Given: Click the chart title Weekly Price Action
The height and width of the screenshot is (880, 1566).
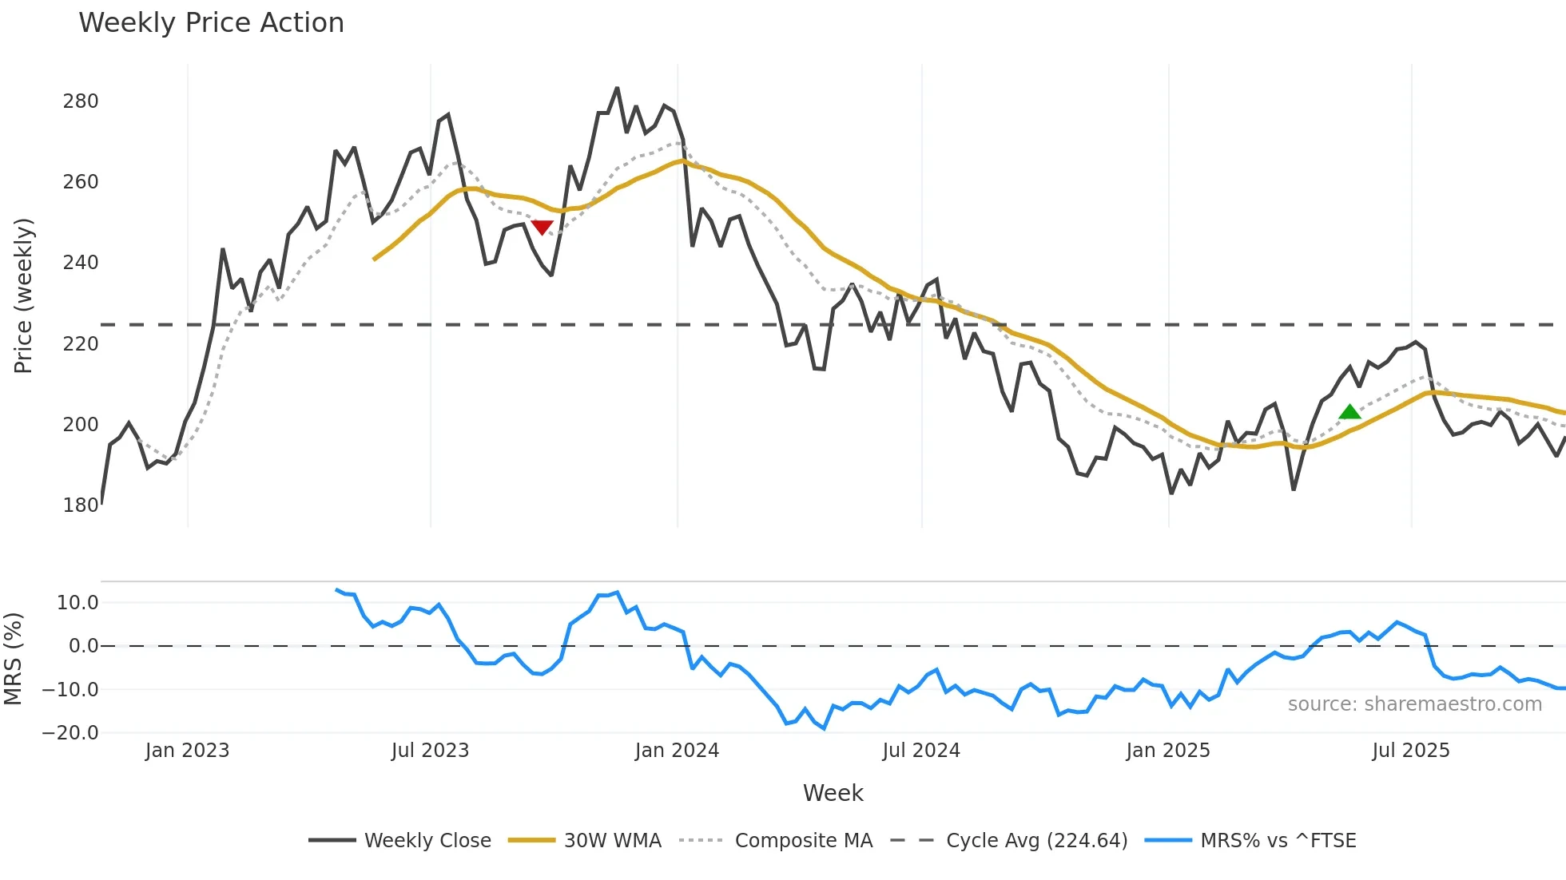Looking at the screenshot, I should pos(211,23).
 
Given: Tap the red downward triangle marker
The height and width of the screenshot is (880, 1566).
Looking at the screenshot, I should pos(542,228).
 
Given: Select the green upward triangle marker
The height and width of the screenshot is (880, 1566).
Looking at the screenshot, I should pos(1349,412).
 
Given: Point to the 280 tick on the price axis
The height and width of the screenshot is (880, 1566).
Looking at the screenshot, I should pos(81,101).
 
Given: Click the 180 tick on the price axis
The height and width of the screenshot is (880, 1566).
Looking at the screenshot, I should pos(81,505).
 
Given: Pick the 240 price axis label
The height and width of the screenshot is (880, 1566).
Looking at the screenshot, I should pos(81,263).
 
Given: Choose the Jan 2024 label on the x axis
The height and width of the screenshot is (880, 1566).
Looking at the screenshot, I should pos(677,751).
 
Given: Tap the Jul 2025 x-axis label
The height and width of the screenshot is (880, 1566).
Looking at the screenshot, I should pos(1410,751).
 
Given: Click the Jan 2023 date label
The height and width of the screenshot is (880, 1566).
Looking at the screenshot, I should pos(187,751).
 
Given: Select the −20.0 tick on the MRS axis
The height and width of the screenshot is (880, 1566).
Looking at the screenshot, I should pos(70,733).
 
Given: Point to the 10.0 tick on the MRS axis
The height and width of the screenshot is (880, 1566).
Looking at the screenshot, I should pos(78,603).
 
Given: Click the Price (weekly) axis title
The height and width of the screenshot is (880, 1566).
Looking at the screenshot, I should pos(24,295).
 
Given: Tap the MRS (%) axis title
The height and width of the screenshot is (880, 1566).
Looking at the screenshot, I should pos(14,659).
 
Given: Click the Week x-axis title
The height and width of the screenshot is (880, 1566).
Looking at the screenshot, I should pos(833,793).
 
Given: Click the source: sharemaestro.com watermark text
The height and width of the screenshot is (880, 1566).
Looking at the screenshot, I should pos(1414,704).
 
